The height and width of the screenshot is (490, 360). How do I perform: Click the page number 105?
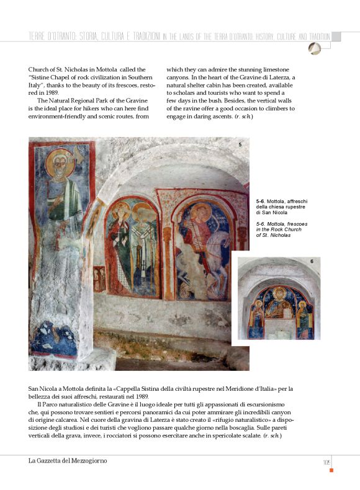(x=325, y=461)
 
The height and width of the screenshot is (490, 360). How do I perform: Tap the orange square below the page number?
(x=331, y=470)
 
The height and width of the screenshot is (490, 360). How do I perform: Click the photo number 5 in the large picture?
(x=240, y=144)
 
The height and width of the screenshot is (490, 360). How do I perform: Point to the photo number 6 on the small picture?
(x=312, y=262)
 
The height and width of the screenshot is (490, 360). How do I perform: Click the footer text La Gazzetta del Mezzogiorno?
(x=68, y=461)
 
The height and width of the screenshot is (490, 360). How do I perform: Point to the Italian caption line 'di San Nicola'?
(x=272, y=213)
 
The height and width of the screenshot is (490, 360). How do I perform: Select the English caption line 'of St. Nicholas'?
(x=274, y=235)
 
